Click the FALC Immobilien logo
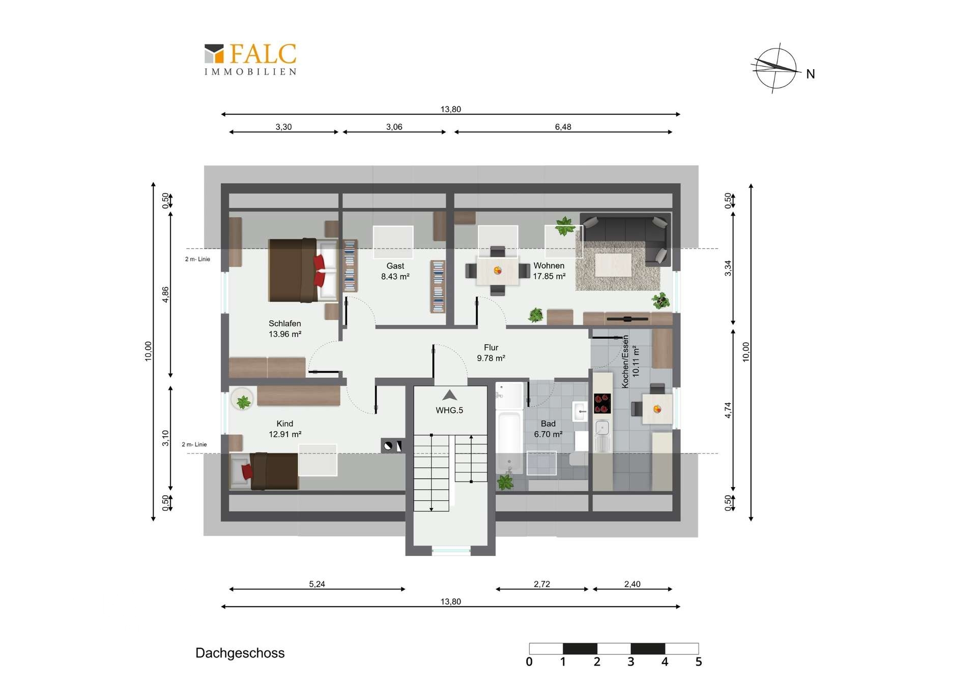point(250,59)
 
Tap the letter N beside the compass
point(811,74)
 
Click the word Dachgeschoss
point(240,653)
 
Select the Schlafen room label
point(285,328)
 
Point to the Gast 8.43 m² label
point(395,271)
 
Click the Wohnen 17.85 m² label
point(549,271)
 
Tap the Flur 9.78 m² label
point(491,353)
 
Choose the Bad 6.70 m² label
point(548,429)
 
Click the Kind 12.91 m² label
point(285,429)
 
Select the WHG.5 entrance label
point(449,410)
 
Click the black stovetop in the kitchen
point(602,403)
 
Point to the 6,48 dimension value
point(563,127)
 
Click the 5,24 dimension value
point(317,584)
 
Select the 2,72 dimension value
point(542,584)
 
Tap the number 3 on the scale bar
point(631,662)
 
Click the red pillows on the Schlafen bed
point(319,271)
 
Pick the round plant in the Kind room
point(243,400)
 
